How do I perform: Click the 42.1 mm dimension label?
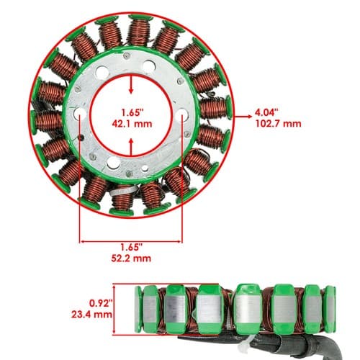(x=132, y=124)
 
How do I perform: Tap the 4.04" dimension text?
(x=266, y=112)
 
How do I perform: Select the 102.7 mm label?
(x=278, y=124)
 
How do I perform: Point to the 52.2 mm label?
(x=131, y=258)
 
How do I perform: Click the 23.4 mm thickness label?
(x=91, y=315)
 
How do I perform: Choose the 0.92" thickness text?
(x=101, y=303)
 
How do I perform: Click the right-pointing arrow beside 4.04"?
(x=243, y=117)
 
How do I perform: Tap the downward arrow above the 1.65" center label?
(x=131, y=84)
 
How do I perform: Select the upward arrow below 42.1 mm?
(x=131, y=147)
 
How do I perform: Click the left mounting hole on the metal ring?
(x=80, y=113)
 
